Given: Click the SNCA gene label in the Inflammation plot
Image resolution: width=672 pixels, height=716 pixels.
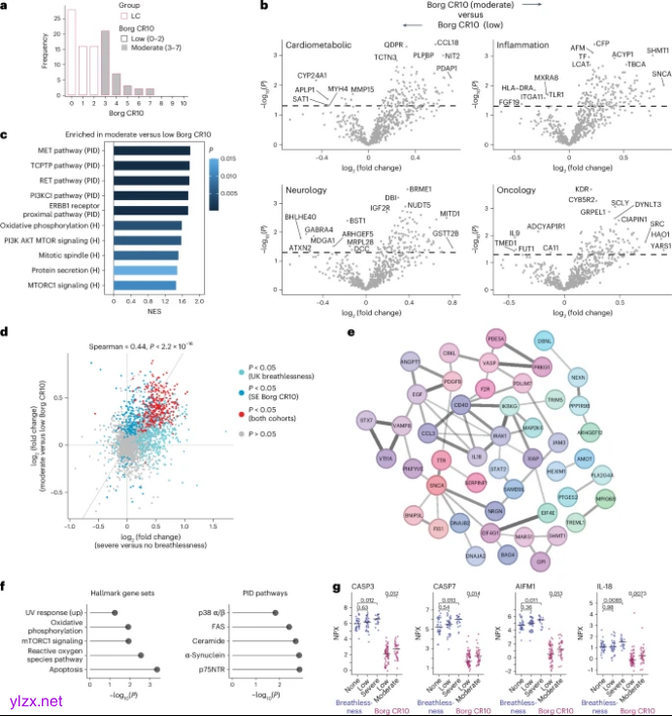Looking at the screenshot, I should [661, 74].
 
